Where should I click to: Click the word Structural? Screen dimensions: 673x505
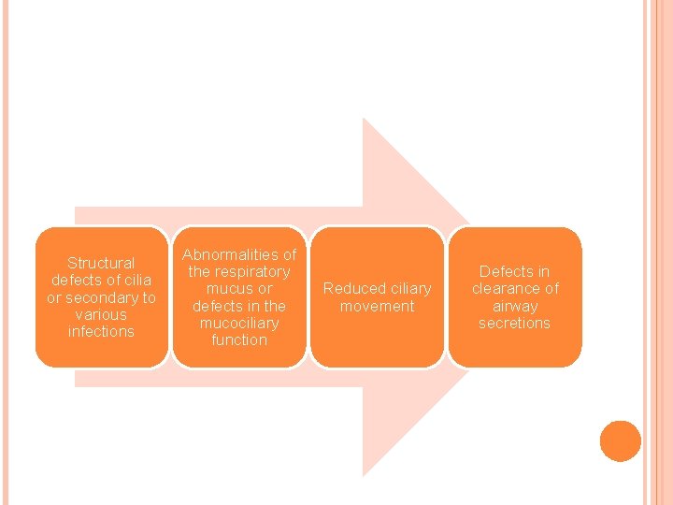click(x=101, y=264)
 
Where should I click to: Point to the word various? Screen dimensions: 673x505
click(x=101, y=314)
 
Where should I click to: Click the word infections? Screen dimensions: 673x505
click(x=101, y=331)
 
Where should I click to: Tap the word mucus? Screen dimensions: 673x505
click(x=227, y=289)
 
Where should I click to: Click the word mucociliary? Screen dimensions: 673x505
click(x=239, y=323)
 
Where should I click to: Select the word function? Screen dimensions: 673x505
click(x=239, y=339)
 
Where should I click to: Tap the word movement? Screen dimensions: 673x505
click(x=377, y=306)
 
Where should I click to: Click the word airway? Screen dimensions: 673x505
click(x=514, y=306)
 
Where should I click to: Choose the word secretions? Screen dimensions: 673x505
click(x=514, y=323)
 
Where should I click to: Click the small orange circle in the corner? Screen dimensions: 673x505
click(x=620, y=441)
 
